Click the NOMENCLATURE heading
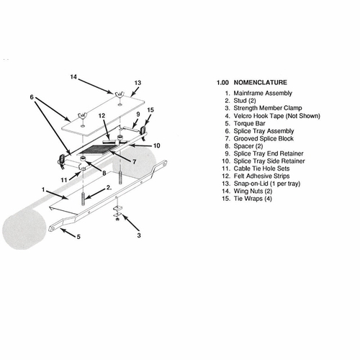click(260, 83)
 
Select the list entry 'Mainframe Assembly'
click(263, 93)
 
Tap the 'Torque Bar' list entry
click(249, 123)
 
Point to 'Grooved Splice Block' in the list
click(264, 138)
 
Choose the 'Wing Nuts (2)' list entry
click(253, 191)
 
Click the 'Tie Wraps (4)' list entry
click(253, 199)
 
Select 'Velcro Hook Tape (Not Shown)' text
click(277, 116)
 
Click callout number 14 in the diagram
click(73, 77)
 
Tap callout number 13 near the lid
click(138, 83)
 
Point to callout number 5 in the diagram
click(78, 237)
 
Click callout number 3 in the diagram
click(139, 235)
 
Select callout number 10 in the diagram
click(156, 145)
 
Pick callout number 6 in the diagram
click(32, 97)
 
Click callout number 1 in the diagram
click(43, 189)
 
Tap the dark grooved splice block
click(96, 150)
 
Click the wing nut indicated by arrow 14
click(117, 94)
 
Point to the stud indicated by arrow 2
click(83, 198)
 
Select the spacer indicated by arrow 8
click(83, 158)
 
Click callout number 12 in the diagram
click(102, 116)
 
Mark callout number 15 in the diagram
click(150, 110)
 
